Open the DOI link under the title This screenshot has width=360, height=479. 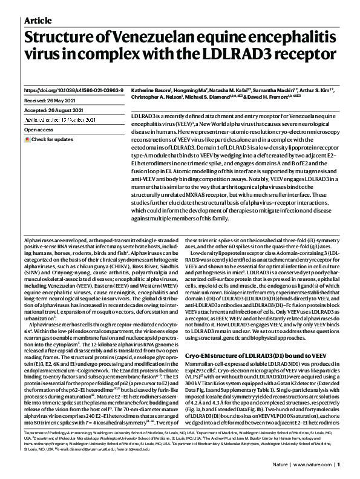(74, 90)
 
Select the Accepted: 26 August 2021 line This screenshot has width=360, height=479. (57, 111)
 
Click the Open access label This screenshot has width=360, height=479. (40, 130)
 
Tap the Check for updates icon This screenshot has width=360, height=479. (27, 140)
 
